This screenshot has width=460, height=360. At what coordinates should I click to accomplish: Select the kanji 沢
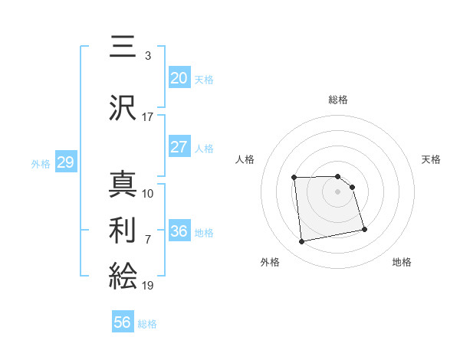124,108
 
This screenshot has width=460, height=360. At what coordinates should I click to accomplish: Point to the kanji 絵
124,275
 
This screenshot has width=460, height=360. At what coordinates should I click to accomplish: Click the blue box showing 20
179,78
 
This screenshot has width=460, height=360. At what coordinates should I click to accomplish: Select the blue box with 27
179,147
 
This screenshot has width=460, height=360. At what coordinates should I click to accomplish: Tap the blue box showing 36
179,231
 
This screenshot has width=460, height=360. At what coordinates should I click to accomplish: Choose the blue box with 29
65,162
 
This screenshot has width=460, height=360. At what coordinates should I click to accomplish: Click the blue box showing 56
123,322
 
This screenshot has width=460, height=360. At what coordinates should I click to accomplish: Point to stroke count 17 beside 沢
147,117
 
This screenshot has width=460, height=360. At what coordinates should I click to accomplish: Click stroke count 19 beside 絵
147,285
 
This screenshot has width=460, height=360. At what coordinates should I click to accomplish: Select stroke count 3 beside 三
147,55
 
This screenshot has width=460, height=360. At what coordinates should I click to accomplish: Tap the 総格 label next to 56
147,324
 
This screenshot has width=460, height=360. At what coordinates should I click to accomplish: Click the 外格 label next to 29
41,163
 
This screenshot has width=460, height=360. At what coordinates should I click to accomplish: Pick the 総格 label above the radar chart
337,100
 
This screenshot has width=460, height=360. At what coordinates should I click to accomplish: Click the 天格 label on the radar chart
431,159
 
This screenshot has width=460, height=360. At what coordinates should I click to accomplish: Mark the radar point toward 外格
302,242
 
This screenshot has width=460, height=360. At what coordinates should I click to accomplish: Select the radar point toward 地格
364,229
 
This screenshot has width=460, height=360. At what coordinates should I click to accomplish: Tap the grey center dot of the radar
337,191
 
